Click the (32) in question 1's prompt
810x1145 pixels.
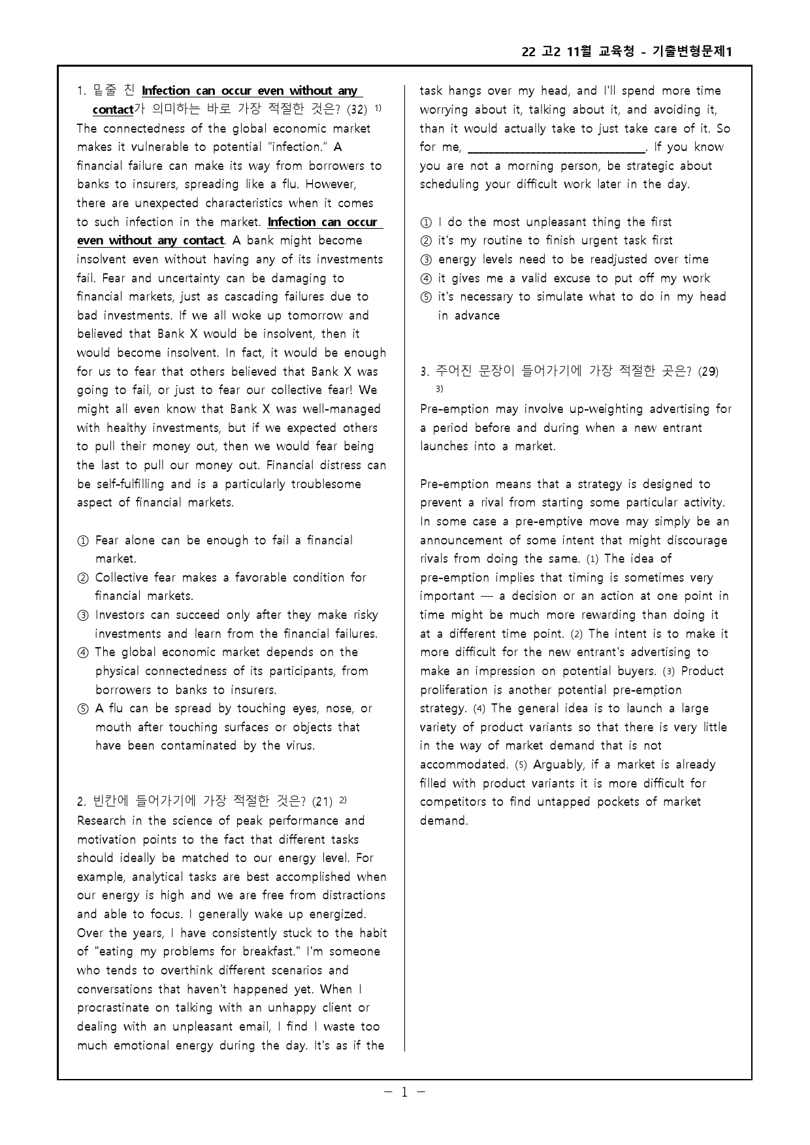tap(356, 109)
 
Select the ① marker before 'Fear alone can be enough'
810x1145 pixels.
tap(83, 541)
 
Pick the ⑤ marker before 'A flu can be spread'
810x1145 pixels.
tap(83, 709)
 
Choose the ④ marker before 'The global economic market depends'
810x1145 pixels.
tap(83, 653)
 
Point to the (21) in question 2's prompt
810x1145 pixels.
tap(322, 801)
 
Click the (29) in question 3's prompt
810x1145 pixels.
tap(708, 372)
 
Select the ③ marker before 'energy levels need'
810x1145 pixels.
tap(426, 260)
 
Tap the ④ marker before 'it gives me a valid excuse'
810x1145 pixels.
tap(426, 279)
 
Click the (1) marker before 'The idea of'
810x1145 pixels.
tap(592, 559)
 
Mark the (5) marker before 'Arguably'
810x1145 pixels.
tap(521, 765)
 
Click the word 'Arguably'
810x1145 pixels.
tap(559, 765)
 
